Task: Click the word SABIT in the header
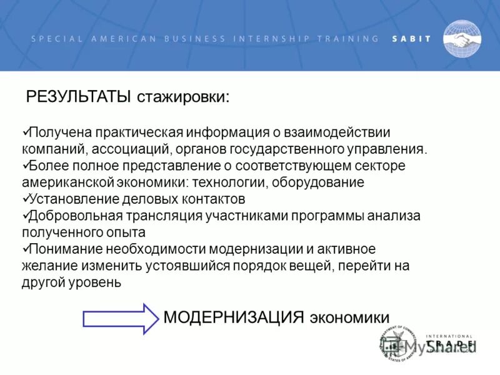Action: pos(411,38)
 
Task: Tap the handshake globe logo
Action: pos(462,39)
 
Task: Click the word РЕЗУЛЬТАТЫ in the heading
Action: pos(78,97)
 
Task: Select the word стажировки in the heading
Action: pos(183,97)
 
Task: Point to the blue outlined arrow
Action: pos(121,319)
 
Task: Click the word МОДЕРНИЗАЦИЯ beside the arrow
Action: pos(234,316)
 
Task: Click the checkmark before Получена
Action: pos(26,132)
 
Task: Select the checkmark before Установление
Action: pos(26,199)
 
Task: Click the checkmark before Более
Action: pos(26,166)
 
